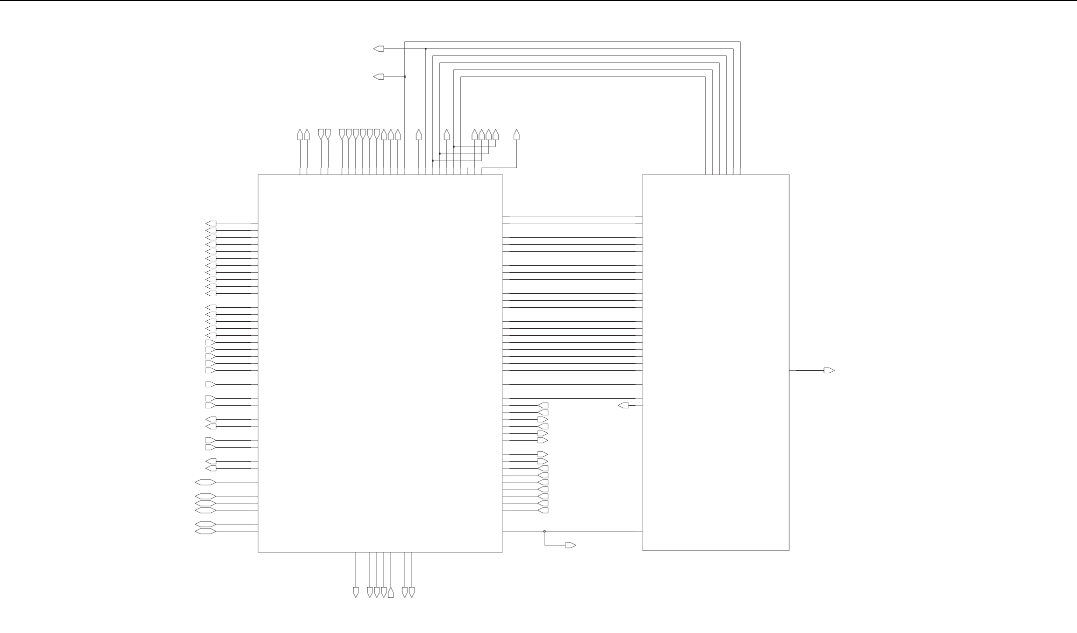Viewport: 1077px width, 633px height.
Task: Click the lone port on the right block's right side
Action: click(x=829, y=370)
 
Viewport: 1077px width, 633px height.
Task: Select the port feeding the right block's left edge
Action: click(x=623, y=405)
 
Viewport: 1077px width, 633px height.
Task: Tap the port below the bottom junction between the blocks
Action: click(x=570, y=545)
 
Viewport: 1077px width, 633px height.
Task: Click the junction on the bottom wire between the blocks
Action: click(x=544, y=531)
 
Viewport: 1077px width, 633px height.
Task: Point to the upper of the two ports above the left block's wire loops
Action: click(x=379, y=49)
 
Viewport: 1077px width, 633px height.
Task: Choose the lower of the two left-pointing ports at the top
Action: click(x=379, y=77)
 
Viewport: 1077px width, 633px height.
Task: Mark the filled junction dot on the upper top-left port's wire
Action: click(x=425, y=49)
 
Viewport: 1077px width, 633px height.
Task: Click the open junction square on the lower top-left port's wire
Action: click(x=405, y=77)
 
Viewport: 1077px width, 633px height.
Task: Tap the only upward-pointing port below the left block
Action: click(x=390, y=592)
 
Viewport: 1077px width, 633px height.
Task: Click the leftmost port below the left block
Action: click(x=355, y=592)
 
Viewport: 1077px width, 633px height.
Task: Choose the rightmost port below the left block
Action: click(x=411, y=592)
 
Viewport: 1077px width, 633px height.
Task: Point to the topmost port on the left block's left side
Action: click(x=211, y=223)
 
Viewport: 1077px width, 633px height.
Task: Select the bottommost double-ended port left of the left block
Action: click(x=205, y=531)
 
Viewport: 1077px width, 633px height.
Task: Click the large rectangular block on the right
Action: click(x=715, y=362)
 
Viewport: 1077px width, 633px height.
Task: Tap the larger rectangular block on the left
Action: click(x=380, y=363)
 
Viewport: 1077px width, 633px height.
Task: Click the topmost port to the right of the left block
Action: click(x=543, y=405)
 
